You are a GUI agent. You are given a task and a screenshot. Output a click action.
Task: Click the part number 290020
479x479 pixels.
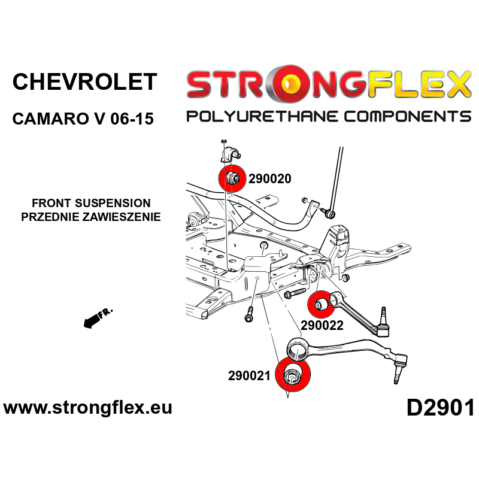[270, 178]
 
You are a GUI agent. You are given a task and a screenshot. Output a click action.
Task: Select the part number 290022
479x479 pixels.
[322, 325]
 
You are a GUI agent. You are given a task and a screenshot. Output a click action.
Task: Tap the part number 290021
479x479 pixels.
[249, 376]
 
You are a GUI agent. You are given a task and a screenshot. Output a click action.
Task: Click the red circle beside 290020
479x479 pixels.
[232, 178]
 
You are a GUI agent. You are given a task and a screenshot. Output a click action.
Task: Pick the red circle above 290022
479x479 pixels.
[322, 305]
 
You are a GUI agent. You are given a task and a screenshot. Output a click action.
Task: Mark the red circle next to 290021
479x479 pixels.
[293, 374]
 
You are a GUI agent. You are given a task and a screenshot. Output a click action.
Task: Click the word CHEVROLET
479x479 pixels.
[84, 82]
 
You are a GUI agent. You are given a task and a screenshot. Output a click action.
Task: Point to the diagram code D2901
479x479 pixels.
[440, 408]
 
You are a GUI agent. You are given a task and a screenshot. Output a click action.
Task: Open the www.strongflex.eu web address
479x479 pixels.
[87, 408]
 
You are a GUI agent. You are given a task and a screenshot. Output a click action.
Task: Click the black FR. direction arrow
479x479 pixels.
[98, 318]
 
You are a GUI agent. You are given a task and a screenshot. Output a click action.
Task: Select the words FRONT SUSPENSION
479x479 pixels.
[91, 203]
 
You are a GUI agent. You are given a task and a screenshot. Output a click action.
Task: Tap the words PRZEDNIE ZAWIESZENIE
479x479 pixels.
[91, 217]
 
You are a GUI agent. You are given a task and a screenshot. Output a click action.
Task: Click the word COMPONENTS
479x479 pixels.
[408, 117]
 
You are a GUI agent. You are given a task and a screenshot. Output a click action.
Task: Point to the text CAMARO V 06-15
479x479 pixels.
[83, 119]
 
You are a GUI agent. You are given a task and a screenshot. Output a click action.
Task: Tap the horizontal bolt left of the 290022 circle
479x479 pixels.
[295, 293]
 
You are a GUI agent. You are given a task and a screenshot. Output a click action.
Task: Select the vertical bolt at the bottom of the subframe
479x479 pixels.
[249, 315]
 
